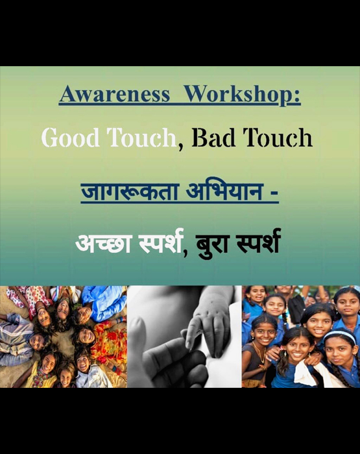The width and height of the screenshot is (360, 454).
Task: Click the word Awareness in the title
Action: (114, 94)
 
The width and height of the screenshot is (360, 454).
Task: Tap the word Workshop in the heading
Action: (241, 95)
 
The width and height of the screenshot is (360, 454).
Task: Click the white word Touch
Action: (142, 137)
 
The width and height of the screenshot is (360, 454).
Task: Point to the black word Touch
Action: (278, 137)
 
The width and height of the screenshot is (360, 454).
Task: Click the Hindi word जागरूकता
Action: (129, 192)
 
